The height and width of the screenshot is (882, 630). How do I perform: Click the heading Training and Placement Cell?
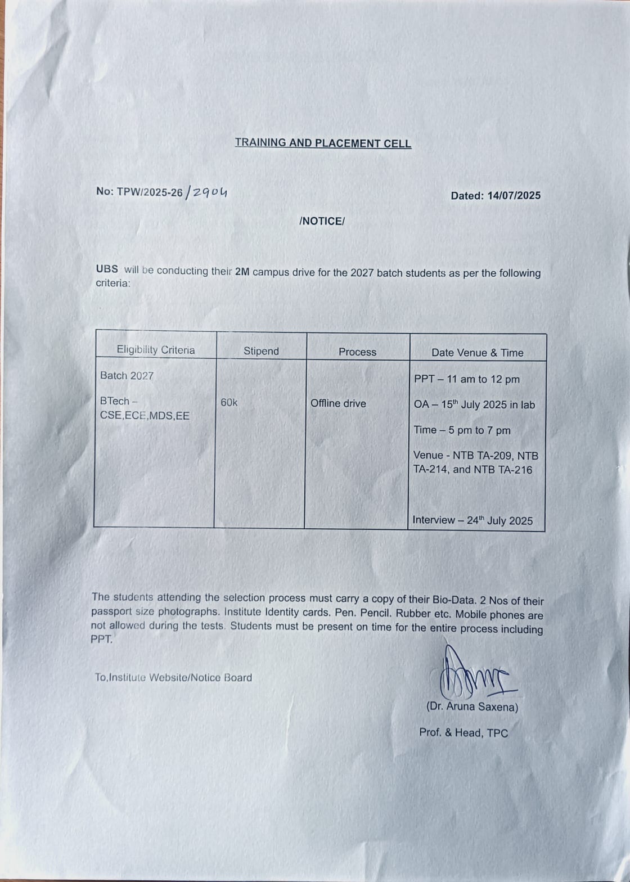[323, 143]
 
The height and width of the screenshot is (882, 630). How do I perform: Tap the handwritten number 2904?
[210, 192]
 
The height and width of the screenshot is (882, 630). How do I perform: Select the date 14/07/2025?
[514, 196]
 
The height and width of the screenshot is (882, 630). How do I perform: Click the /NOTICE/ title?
[322, 221]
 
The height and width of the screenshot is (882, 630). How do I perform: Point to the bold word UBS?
[107, 269]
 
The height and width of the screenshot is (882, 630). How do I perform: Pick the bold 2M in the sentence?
[242, 272]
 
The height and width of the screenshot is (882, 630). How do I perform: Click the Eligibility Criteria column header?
[156, 350]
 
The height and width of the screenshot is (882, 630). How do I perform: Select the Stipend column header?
[261, 351]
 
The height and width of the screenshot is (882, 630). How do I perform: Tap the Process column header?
[357, 352]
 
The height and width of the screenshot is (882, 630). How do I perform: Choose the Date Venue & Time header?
[477, 353]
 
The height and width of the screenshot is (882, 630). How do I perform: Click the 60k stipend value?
[229, 402]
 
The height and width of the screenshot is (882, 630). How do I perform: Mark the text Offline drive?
[338, 403]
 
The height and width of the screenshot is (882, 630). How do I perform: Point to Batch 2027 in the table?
[127, 376]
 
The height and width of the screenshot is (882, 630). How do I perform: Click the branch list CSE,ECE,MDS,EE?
[145, 416]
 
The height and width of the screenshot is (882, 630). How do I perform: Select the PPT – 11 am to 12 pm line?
[467, 379]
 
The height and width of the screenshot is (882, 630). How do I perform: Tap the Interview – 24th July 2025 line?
[472, 520]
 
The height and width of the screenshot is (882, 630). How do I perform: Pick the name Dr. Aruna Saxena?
[472, 707]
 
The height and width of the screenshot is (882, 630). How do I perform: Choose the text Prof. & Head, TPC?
[463, 732]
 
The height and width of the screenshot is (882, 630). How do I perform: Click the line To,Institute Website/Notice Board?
[173, 678]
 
